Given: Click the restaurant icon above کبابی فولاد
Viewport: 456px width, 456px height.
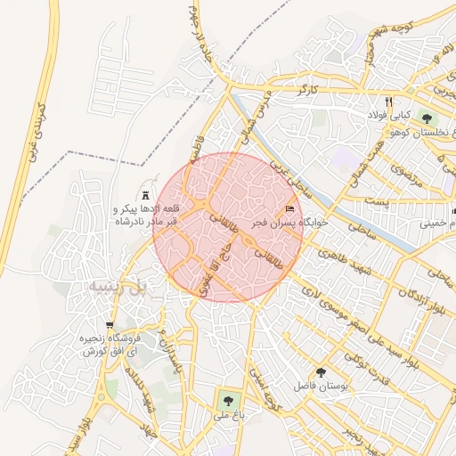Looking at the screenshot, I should (x=388, y=101).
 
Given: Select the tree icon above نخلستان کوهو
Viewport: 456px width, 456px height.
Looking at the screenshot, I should (x=427, y=117).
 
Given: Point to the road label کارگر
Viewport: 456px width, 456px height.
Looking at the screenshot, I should (x=308, y=89).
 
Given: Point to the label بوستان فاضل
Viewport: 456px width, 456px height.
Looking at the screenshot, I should (x=323, y=387).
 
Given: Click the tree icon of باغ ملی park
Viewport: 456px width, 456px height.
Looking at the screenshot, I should (x=229, y=400).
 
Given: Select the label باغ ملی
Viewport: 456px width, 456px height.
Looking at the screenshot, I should (x=229, y=415).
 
